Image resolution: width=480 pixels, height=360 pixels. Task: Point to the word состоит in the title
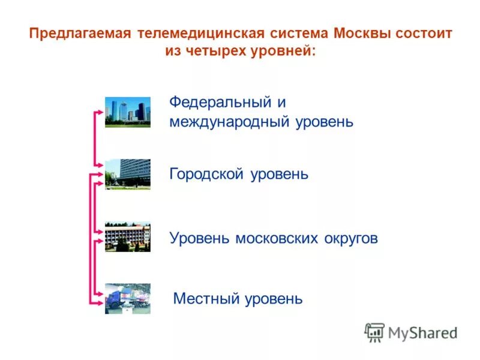424,33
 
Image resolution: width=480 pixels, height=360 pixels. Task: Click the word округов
351,238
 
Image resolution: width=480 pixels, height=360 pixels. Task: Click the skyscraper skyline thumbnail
128,112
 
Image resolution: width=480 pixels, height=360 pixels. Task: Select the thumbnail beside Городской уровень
128,174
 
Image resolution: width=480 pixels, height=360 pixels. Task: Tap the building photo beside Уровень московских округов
128,236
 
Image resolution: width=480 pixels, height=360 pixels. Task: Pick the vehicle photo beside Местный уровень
128,298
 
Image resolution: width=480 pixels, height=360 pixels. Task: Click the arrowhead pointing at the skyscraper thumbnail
100,112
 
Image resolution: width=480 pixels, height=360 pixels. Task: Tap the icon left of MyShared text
374,332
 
